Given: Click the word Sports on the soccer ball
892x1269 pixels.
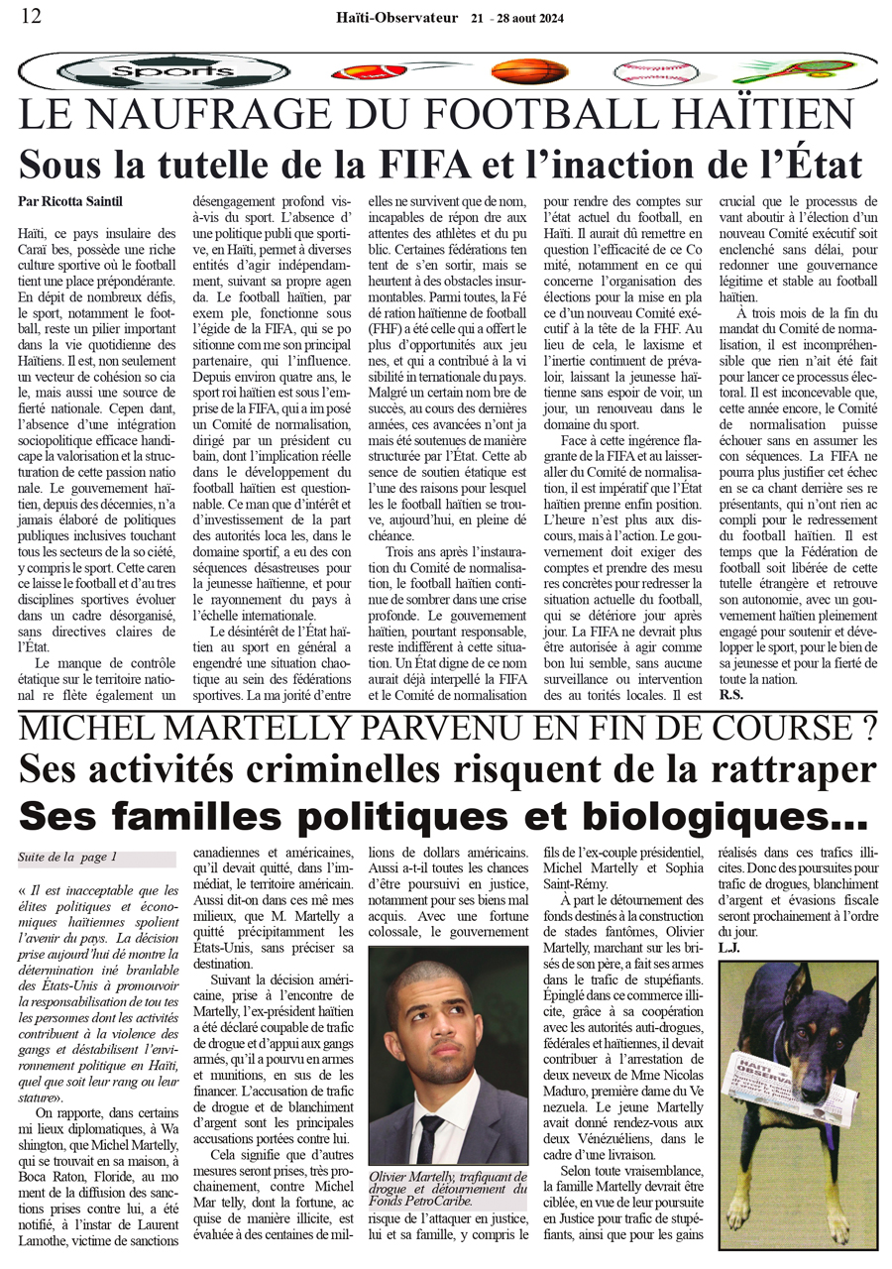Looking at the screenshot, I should (x=159, y=72).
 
